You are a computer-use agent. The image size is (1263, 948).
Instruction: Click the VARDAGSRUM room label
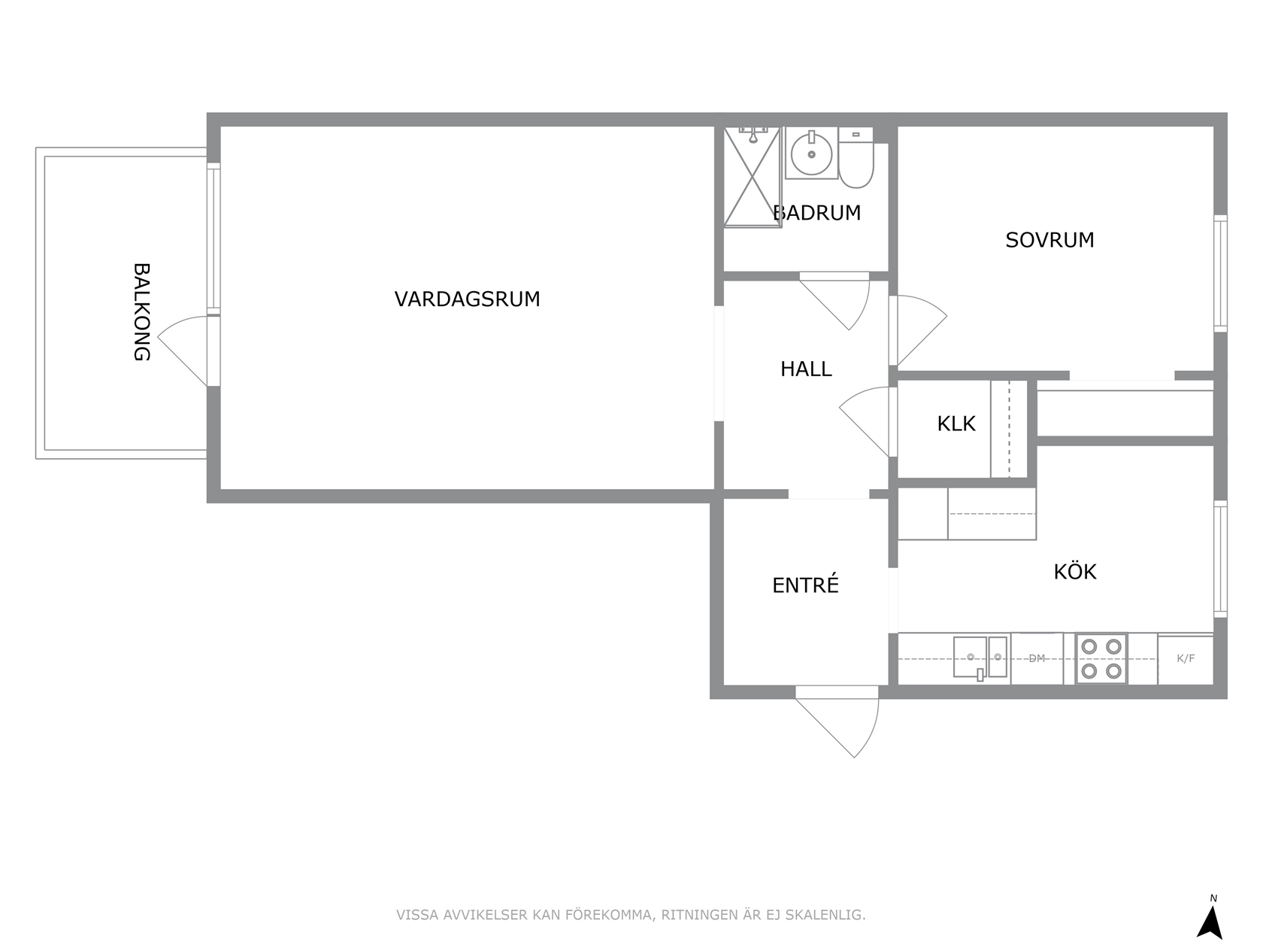(467, 299)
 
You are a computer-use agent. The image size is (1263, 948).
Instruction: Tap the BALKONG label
(141, 312)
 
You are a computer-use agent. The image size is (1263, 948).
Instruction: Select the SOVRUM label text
(1049, 239)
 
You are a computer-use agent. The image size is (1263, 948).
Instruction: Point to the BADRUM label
(816, 212)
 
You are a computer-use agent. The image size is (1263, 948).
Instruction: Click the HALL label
(806, 369)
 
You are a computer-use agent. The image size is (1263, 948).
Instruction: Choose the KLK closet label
(956, 423)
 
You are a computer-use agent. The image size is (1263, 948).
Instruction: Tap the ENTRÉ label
(805, 585)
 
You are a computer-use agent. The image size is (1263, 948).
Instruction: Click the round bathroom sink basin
(811, 153)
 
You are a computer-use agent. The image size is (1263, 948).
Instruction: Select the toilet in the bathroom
(856, 158)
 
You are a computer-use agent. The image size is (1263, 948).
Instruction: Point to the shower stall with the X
(752, 177)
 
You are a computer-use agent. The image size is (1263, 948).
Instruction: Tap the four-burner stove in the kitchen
(1101, 658)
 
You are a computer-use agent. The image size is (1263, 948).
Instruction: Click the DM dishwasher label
(1036, 658)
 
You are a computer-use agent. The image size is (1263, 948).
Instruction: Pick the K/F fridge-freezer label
(1186, 658)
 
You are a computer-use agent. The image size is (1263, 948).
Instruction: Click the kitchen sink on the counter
(980, 657)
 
